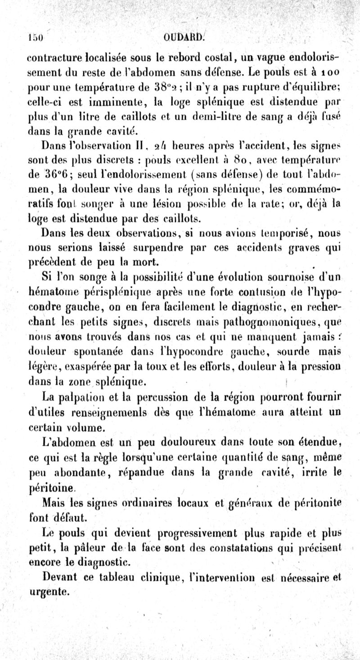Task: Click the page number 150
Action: (35, 38)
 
